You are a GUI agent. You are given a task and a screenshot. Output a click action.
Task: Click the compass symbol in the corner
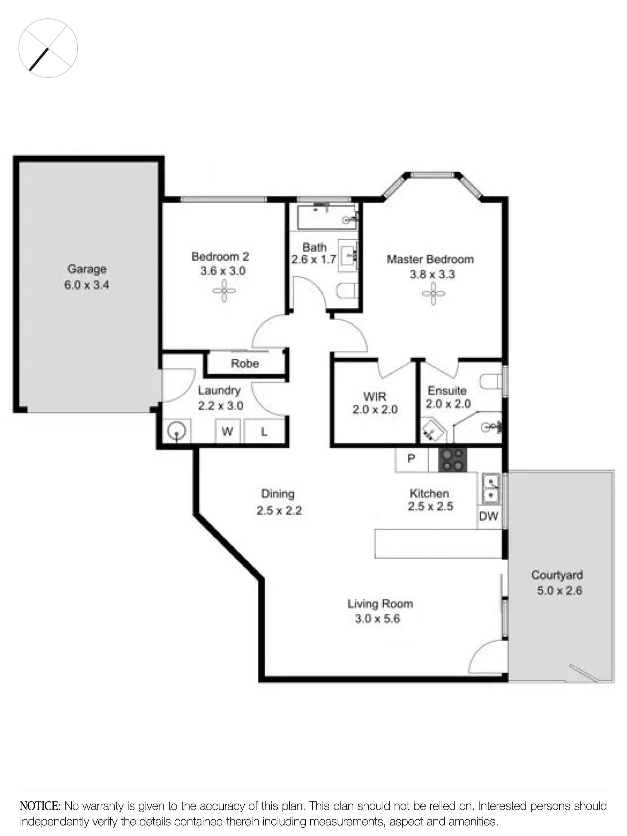[48, 48]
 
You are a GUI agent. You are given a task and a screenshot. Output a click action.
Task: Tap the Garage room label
[87, 269]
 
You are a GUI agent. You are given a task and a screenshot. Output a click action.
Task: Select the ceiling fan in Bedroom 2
[224, 291]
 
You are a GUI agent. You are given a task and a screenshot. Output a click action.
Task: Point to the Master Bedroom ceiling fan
[433, 293]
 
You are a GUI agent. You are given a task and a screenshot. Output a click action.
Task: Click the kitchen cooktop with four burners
[452, 460]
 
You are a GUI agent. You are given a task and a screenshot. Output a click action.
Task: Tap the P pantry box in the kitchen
[411, 458]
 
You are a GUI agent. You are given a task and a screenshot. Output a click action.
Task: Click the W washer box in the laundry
[227, 431]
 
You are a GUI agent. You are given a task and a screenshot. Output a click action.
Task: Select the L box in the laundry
[264, 432]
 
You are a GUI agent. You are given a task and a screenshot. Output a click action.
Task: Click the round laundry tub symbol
[177, 431]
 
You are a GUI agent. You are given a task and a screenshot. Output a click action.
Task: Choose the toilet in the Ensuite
[490, 381]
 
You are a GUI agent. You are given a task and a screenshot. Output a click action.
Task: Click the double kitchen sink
[491, 489]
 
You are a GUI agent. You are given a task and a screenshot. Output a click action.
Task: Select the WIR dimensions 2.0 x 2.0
[375, 410]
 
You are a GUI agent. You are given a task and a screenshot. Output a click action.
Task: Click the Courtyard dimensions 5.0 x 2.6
[559, 590]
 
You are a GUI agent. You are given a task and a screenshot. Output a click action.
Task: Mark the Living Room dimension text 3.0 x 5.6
[377, 619]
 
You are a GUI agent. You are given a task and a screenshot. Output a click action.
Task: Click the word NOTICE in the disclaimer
[39, 806]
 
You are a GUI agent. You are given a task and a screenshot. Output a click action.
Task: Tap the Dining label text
[278, 493]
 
